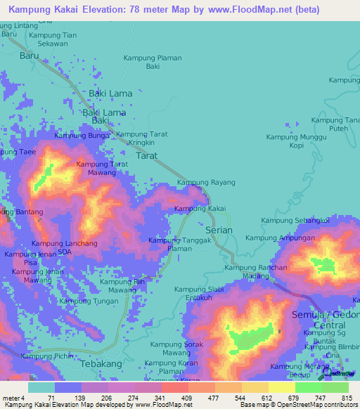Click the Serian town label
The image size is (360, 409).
pyautogui.click(x=218, y=230)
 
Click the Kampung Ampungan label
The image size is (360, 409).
pyautogui.click(x=286, y=238)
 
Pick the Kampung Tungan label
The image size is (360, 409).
pyautogui.click(x=89, y=301)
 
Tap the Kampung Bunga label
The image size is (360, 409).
pyautogui.click(x=82, y=136)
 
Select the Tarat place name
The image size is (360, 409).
pyautogui.click(x=147, y=156)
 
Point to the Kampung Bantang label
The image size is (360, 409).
pyautogui.click(x=17, y=212)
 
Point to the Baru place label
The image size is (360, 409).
pyautogui.click(x=30, y=55)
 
